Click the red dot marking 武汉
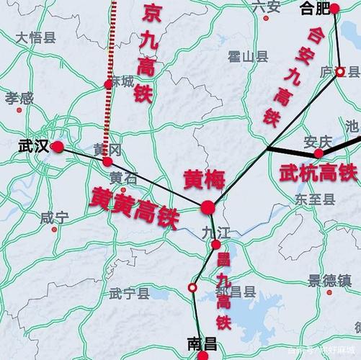click(x=58, y=147)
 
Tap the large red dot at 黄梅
click(x=208, y=208)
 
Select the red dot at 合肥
click(x=334, y=9)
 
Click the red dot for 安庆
click(x=318, y=153)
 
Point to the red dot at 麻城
click(x=109, y=84)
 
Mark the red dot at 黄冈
click(x=107, y=161)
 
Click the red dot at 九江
click(x=215, y=245)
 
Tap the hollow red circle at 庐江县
click(x=340, y=71)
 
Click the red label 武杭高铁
click(x=317, y=173)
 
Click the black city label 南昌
click(x=201, y=344)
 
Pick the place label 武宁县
click(x=129, y=293)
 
